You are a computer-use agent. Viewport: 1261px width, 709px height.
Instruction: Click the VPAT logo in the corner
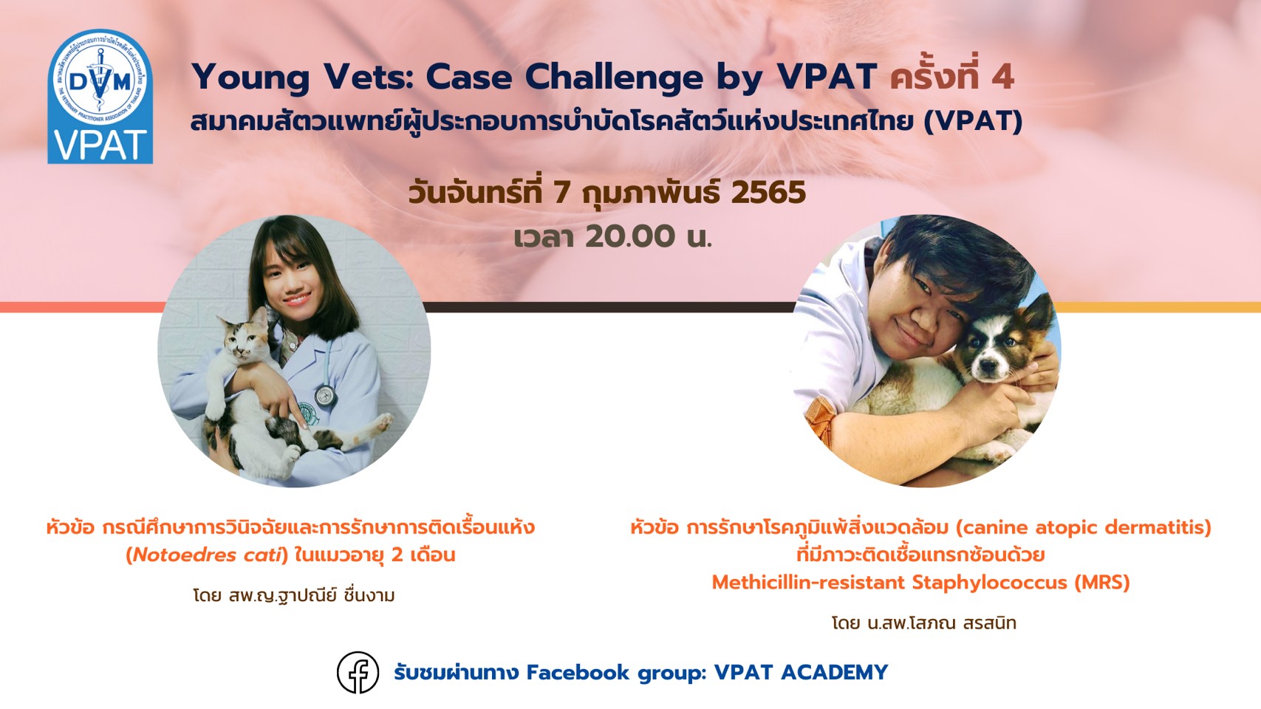(x=100, y=97)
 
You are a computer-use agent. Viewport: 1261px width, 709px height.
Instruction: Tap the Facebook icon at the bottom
(x=358, y=672)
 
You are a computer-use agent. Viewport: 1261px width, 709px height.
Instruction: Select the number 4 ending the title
(x=1003, y=77)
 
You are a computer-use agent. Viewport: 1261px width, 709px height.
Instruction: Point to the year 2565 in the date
(x=768, y=193)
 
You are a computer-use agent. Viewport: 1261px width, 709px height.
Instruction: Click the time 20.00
(x=630, y=236)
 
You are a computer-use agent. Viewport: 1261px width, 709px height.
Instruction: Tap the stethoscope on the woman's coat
(x=325, y=395)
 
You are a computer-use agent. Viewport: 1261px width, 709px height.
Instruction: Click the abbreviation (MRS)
(x=1101, y=583)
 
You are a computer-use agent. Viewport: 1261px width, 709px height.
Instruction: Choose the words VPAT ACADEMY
(x=801, y=672)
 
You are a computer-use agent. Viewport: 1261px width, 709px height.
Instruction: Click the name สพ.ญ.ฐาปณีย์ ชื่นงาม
(x=312, y=595)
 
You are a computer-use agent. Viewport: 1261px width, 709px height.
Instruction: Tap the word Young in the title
(x=250, y=78)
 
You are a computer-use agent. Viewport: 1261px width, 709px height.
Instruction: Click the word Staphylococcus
(x=989, y=583)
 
